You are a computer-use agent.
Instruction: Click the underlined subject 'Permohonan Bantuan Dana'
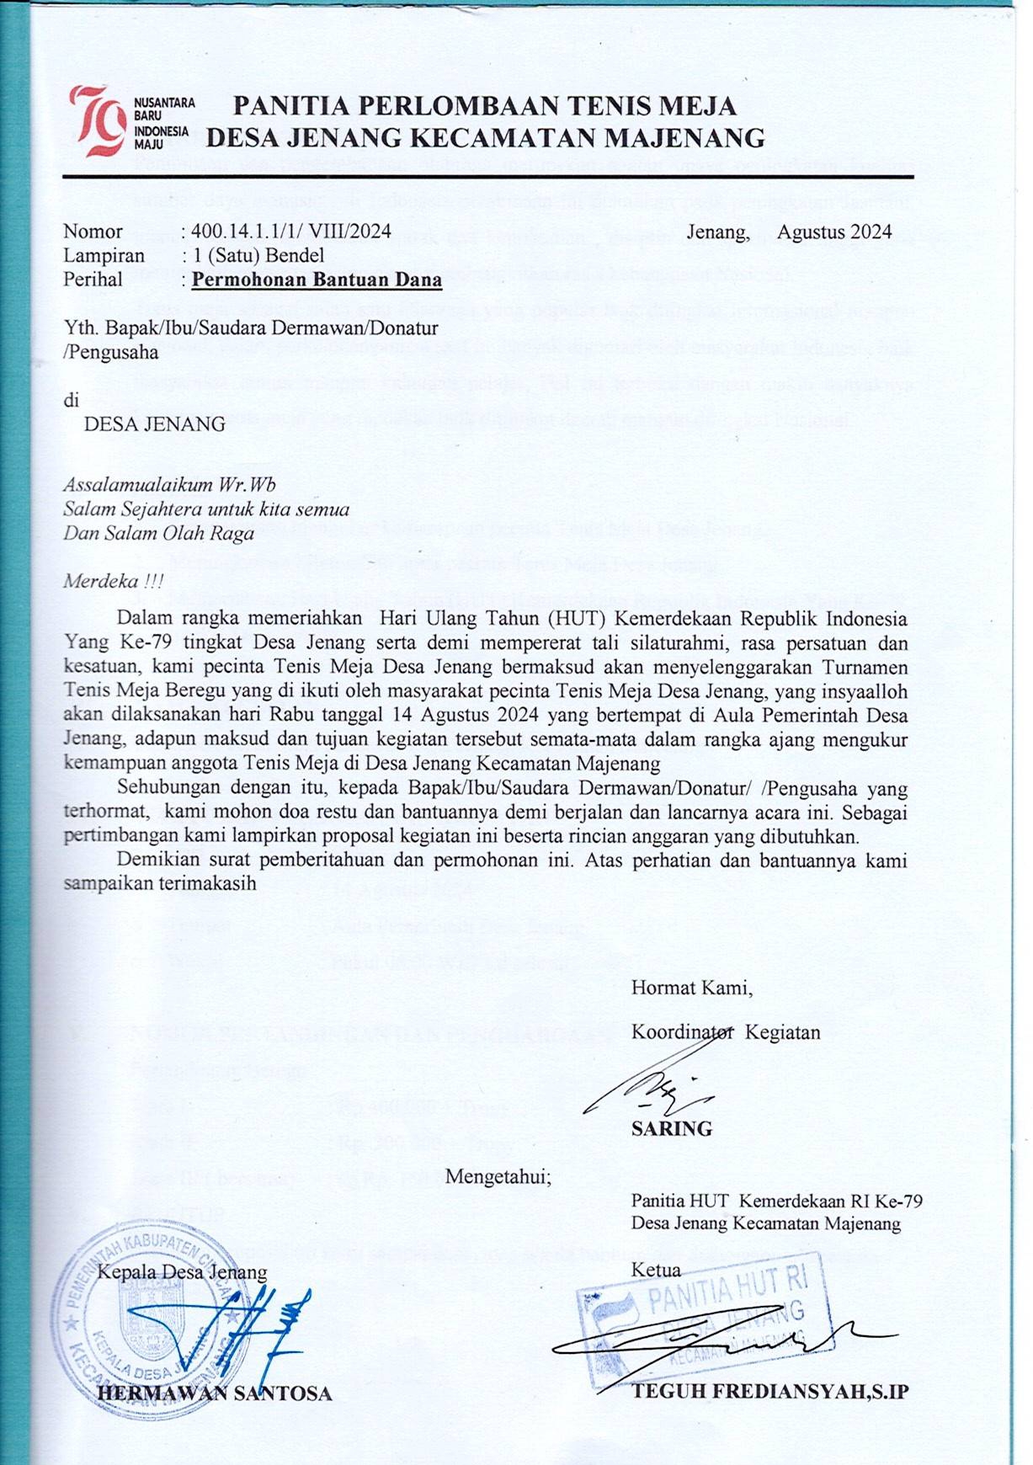pyautogui.click(x=317, y=280)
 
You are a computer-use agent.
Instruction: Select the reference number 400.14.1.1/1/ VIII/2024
pyautogui.click(x=290, y=232)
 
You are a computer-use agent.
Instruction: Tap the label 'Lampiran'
pyautogui.click(x=104, y=255)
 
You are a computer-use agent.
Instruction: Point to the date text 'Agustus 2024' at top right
pyautogui.click(x=834, y=232)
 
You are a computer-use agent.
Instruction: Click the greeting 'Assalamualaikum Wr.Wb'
pyautogui.click(x=169, y=486)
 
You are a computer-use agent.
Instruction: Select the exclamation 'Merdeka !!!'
pyautogui.click(x=114, y=581)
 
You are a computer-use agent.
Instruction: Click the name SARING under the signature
pyautogui.click(x=671, y=1129)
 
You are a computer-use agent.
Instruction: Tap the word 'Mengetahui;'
pyautogui.click(x=498, y=1176)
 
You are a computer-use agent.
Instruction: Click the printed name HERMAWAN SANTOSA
pyautogui.click(x=215, y=1393)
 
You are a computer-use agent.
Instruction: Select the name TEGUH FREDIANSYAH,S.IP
pyautogui.click(x=770, y=1391)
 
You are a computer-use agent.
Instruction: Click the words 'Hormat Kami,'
pyautogui.click(x=692, y=988)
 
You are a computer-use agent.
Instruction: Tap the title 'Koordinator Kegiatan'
pyautogui.click(x=726, y=1032)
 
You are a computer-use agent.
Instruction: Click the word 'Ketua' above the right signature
pyautogui.click(x=656, y=1270)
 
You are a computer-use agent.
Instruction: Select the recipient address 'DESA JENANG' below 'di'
pyautogui.click(x=154, y=424)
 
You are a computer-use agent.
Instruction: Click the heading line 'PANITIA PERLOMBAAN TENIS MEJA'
pyautogui.click(x=484, y=106)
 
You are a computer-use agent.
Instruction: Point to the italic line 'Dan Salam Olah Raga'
pyautogui.click(x=158, y=533)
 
